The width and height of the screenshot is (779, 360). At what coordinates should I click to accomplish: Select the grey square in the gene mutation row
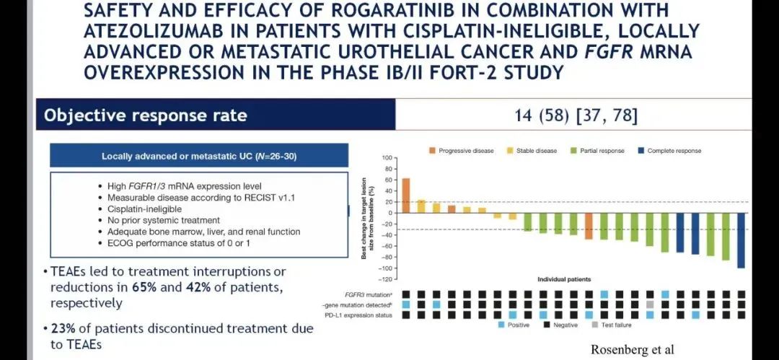[x=650, y=304]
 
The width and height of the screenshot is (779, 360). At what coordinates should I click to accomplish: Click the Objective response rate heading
[x=146, y=115]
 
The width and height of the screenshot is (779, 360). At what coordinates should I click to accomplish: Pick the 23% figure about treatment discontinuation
[x=63, y=328]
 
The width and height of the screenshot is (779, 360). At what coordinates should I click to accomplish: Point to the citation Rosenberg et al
[x=633, y=350]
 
